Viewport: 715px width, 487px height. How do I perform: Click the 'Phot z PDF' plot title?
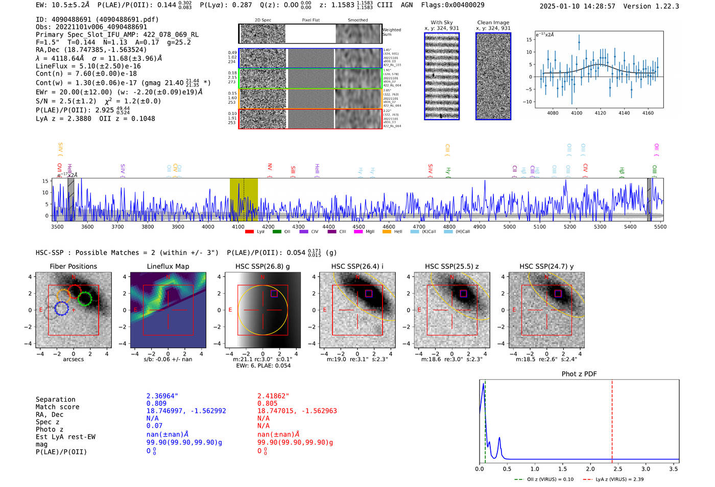click(x=579, y=374)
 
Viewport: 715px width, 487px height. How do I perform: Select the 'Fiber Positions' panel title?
click(x=73, y=266)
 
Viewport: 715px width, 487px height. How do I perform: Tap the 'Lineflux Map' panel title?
click(x=168, y=266)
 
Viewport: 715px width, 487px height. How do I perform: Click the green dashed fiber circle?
click(x=85, y=298)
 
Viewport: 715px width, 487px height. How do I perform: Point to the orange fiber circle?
click(x=63, y=296)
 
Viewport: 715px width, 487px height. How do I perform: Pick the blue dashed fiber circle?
click(x=61, y=309)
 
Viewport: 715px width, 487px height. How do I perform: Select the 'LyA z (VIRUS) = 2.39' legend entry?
click(x=618, y=479)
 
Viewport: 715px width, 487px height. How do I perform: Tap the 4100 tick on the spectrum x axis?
click(x=238, y=227)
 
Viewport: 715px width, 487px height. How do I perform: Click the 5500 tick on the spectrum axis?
click(x=660, y=227)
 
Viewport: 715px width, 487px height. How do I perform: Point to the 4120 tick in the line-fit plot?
click(x=600, y=113)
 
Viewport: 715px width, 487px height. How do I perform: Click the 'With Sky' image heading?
click(x=441, y=22)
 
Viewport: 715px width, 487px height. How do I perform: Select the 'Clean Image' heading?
click(x=493, y=22)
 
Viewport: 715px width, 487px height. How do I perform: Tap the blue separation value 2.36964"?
click(x=162, y=396)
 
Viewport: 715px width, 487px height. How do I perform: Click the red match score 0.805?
click(x=267, y=403)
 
